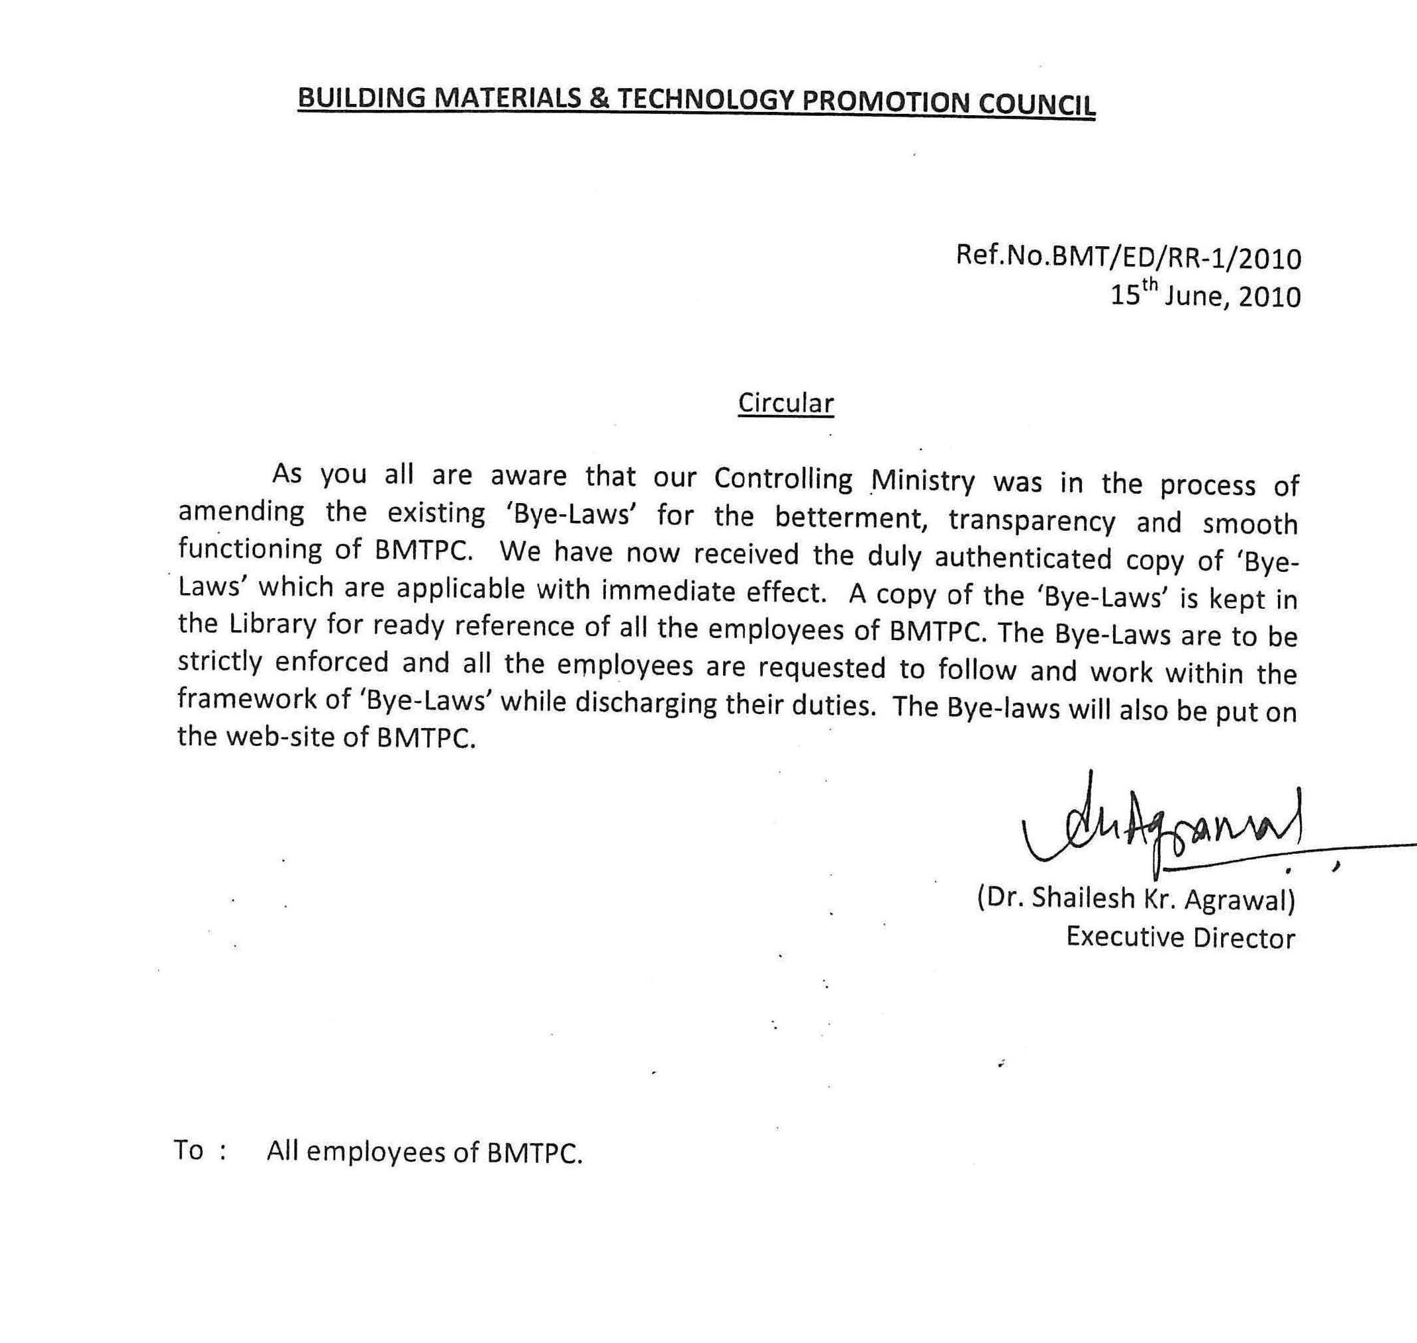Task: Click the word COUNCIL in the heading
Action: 1036,104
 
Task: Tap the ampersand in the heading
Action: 599,98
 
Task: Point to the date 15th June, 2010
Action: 1205,295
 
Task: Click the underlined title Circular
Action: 785,404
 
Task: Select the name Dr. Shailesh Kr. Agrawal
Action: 1136,899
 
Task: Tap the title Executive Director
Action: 1180,938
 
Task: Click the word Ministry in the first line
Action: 923,481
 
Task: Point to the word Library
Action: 273,624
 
